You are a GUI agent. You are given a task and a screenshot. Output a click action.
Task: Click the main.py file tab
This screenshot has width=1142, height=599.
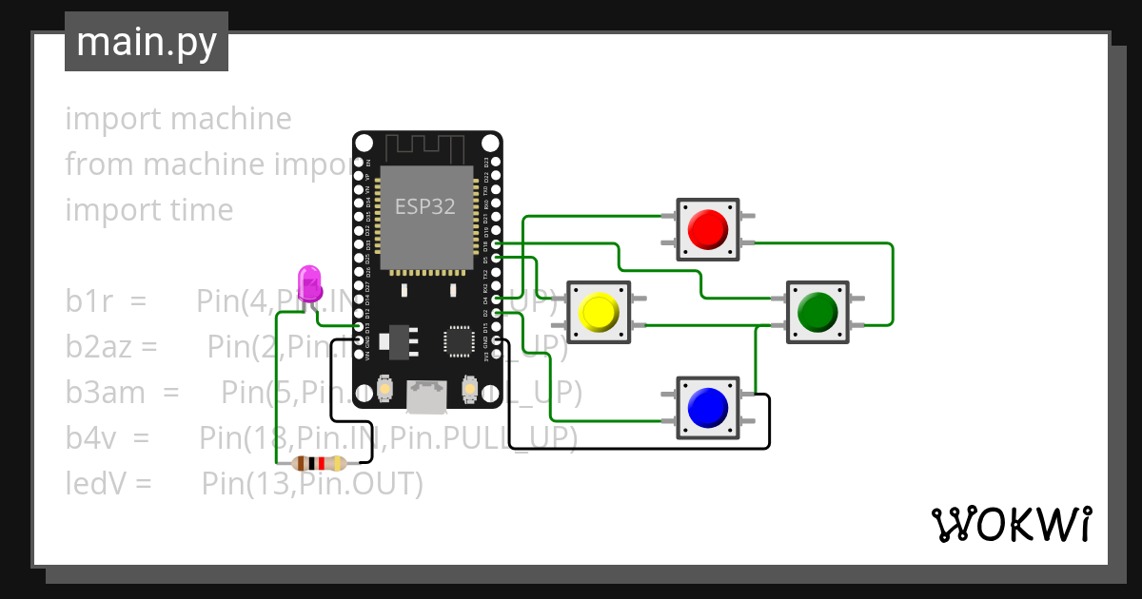(146, 42)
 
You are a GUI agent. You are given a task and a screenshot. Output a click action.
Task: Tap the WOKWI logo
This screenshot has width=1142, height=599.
(1010, 524)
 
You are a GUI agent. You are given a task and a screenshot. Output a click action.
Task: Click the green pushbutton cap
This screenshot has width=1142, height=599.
(817, 311)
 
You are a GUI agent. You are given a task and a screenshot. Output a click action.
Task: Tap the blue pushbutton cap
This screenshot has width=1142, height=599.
(707, 407)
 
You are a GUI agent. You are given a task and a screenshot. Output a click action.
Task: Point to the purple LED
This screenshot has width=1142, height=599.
(310, 283)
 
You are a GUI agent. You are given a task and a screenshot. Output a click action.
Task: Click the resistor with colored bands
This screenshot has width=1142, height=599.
(319, 464)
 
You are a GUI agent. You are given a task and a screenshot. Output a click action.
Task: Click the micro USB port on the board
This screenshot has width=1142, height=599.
(427, 395)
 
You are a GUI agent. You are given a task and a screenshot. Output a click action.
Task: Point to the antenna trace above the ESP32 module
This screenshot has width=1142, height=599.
(425, 147)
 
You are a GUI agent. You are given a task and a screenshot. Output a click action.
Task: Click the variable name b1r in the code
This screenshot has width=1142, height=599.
(90, 301)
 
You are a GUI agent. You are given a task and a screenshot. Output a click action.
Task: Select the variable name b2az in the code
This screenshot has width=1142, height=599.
(98, 347)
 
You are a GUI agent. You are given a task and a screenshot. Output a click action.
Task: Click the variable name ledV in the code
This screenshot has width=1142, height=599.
(95, 483)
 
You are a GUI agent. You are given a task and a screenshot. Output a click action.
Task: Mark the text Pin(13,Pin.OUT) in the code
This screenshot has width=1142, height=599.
(311, 483)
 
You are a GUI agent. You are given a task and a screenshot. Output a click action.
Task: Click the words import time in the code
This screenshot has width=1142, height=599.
(148, 210)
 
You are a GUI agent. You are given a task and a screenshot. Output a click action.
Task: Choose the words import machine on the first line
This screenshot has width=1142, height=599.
(178, 119)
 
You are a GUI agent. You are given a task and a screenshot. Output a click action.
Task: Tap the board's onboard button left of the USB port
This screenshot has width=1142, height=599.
(385, 389)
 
